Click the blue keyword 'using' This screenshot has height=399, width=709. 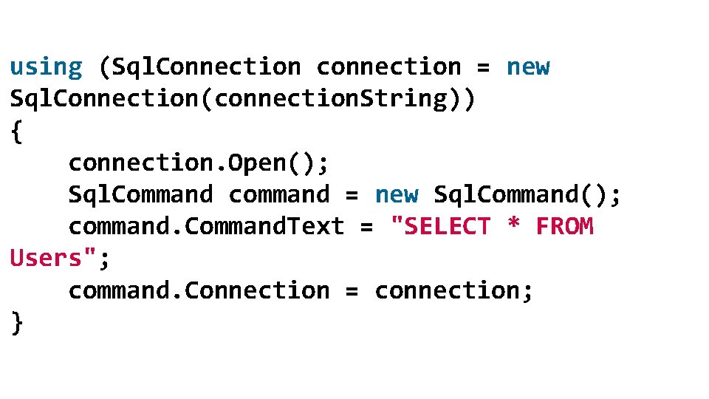pyautogui.click(x=46, y=67)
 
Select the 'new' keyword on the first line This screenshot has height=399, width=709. pyautogui.click(x=528, y=67)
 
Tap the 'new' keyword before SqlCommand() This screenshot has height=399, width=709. pyautogui.click(x=397, y=195)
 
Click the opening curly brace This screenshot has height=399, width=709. pyautogui.click(x=17, y=132)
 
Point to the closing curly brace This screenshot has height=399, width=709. pyautogui.click(x=17, y=323)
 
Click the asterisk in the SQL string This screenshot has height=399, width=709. pyautogui.click(x=513, y=227)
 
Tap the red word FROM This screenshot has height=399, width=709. pyautogui.click(x=564, y=227)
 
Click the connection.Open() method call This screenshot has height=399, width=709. pyautogui.click(x=199, y=163)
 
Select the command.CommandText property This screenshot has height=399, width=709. pyautogui.click(x=206, y=227)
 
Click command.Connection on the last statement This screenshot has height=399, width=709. pyautogui.click(x=199, y=291)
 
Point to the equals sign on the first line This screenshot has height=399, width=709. pyautogui.click(x=483, y=67)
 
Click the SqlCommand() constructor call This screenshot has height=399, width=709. pyautogui.click(x=527, y=195)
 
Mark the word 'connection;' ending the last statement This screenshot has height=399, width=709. pyautogui.click(x=453, y=291)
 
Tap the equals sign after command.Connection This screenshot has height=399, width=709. pyautogui.click(x=352, y=291)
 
